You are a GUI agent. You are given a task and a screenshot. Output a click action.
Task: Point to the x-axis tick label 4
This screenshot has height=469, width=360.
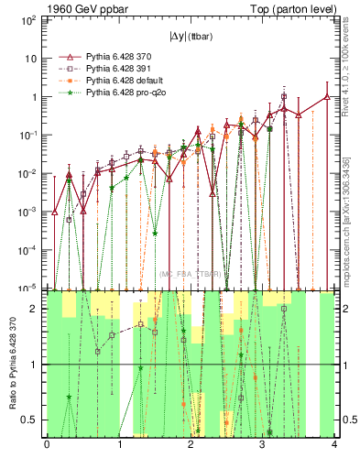(x=334, y=446)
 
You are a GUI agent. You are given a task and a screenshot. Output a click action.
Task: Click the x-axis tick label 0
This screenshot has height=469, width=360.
(x=48, y=446)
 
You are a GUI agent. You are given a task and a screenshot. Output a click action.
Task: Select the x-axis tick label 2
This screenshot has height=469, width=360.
(x=191, y=446)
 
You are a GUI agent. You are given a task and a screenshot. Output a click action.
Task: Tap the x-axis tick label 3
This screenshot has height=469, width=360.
(x=263, y=446)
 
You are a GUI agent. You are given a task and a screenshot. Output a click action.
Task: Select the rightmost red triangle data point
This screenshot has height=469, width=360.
(x=327, y=96)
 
